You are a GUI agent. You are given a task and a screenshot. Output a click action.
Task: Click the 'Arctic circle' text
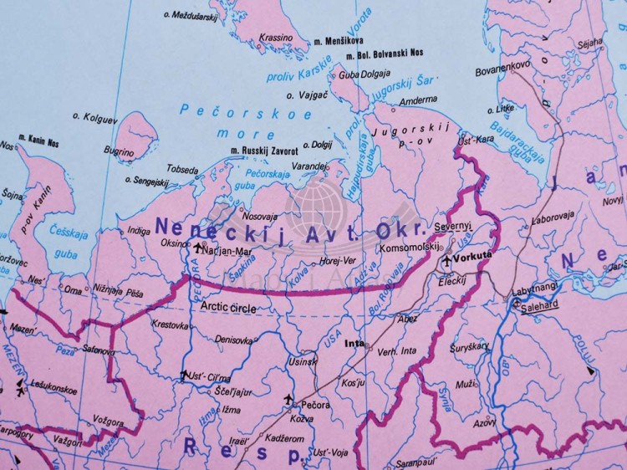pos(228,307)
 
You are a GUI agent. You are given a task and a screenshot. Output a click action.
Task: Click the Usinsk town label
pos(302,361)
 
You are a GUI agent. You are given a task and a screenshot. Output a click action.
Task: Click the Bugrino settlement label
pos(119,152)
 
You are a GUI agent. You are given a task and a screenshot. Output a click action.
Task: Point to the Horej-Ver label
pos(338,261)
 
